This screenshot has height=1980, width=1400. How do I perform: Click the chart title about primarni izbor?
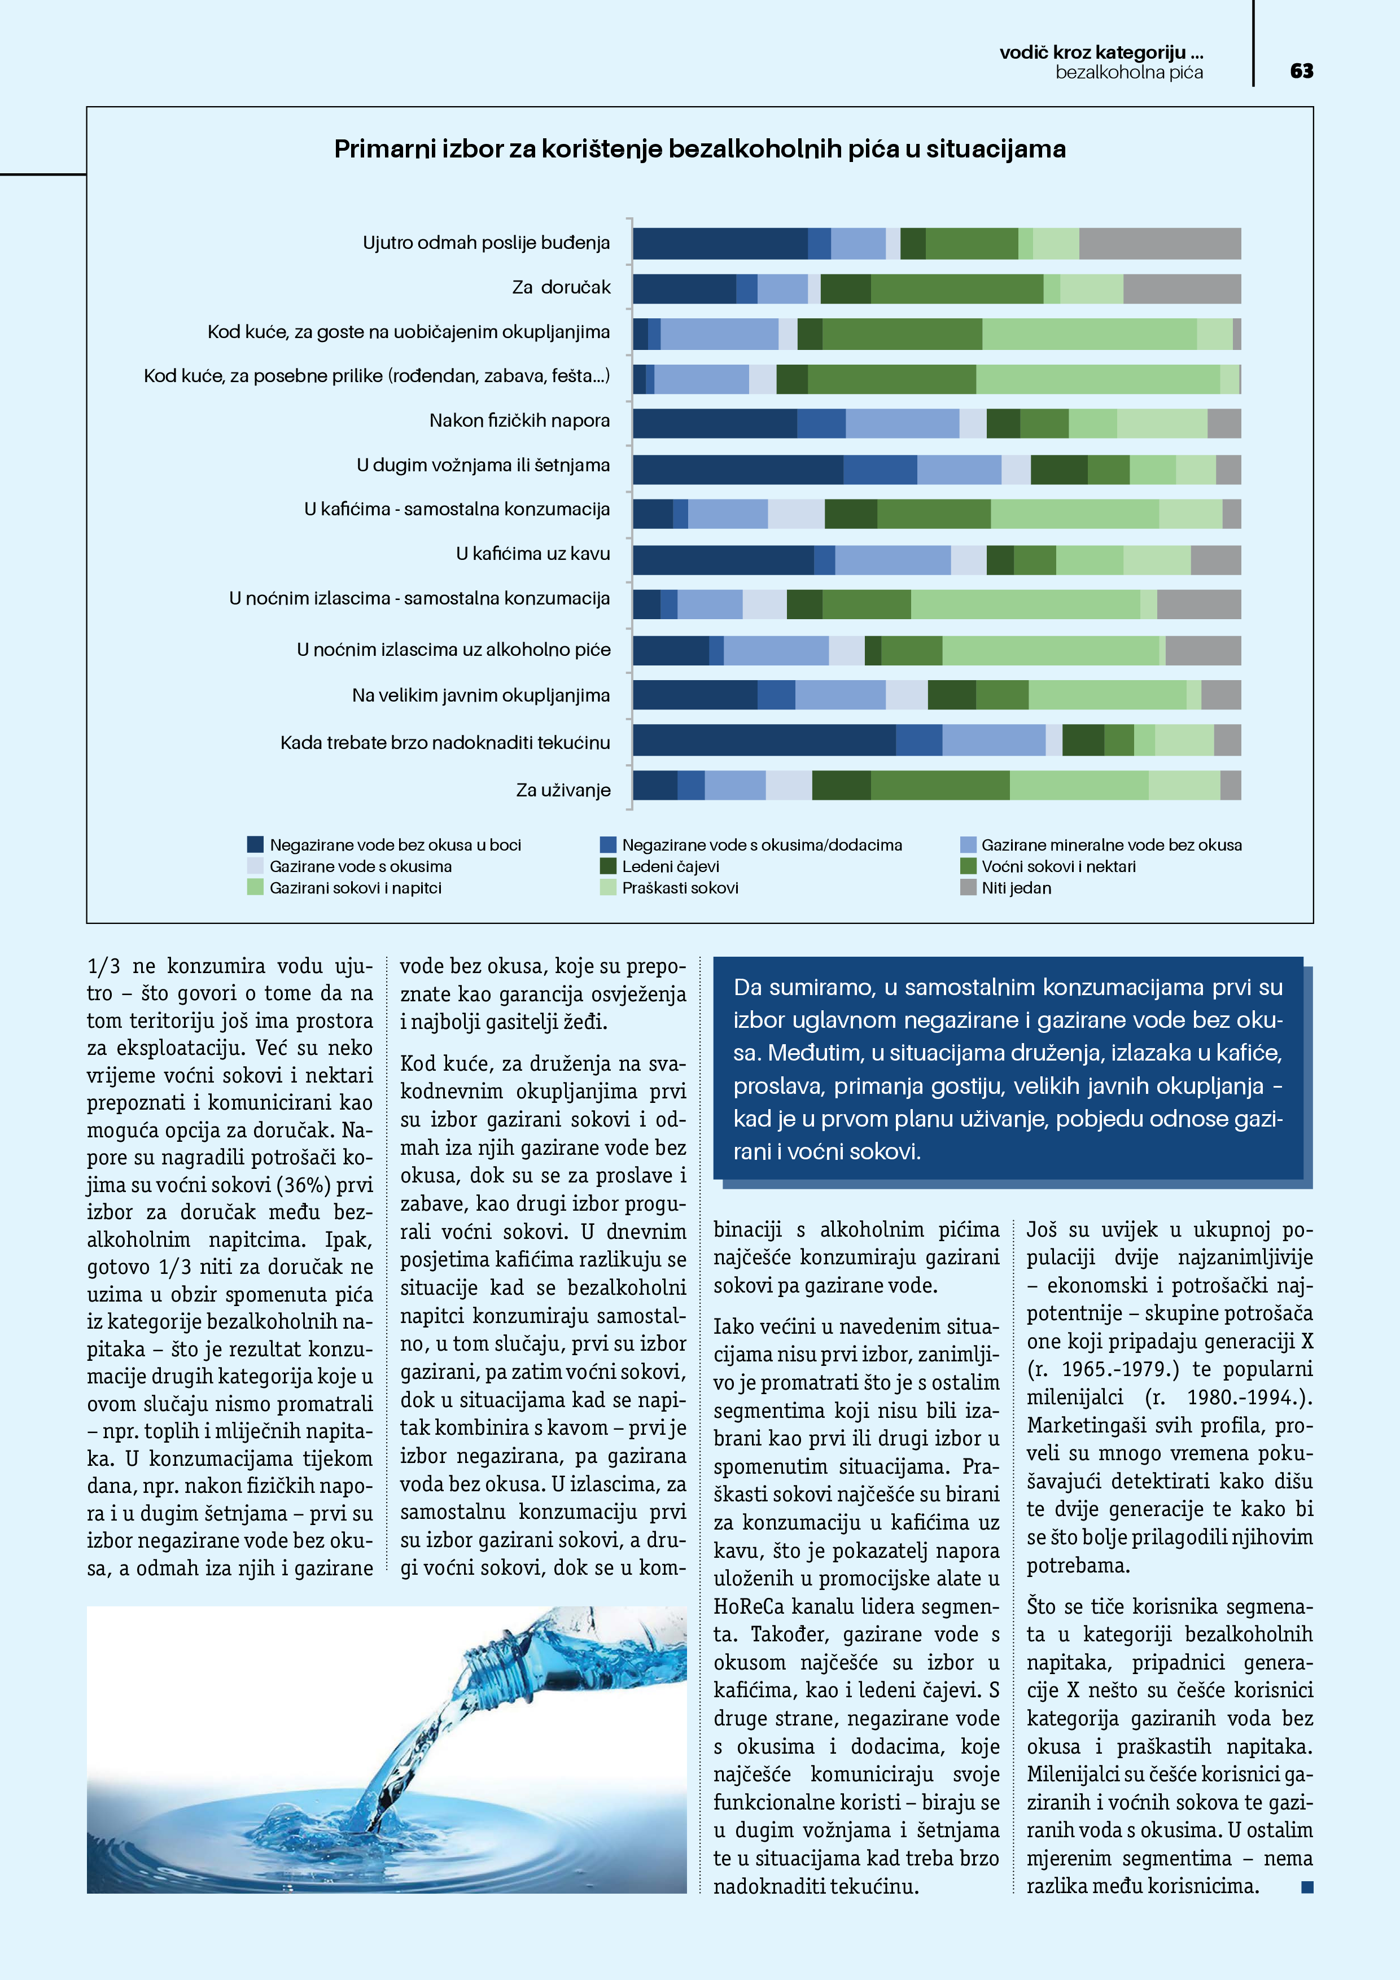[699, 149]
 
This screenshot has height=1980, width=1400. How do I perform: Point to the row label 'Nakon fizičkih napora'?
[519, 421]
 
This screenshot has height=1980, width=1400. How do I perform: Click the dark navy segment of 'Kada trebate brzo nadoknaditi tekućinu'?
[763, 740]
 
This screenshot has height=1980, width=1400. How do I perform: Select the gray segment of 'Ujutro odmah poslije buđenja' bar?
[1160, 243]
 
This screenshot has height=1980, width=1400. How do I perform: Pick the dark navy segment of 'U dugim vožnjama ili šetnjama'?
[737, 470]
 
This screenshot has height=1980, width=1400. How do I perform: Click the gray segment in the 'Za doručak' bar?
[1182, 289]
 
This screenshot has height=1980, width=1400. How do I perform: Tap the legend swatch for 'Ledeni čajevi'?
[608, 866]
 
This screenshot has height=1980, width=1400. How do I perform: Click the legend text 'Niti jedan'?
[1016, 887]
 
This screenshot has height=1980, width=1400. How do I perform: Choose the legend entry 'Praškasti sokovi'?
[680, 887]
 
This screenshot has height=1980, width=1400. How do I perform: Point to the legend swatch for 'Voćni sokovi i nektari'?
[968, 866]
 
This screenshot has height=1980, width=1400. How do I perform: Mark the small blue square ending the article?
[1307, 1888]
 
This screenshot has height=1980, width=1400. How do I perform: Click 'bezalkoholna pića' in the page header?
[1128, 72]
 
